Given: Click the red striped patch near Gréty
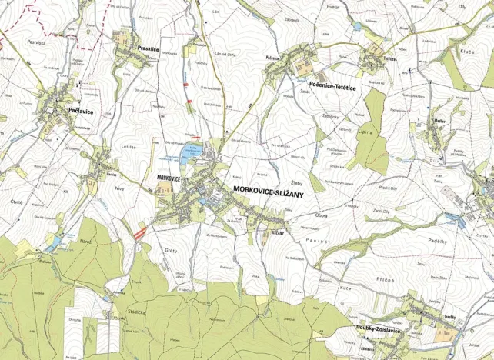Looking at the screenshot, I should pyautogui.click(x=139, y=228).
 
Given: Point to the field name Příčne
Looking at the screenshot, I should pyautogui.click(x=385, y=281).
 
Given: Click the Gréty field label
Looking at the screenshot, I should pyautogui.click(x=171, y=250).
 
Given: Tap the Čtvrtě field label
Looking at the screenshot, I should pyautogui.click(x=18, y=202).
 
